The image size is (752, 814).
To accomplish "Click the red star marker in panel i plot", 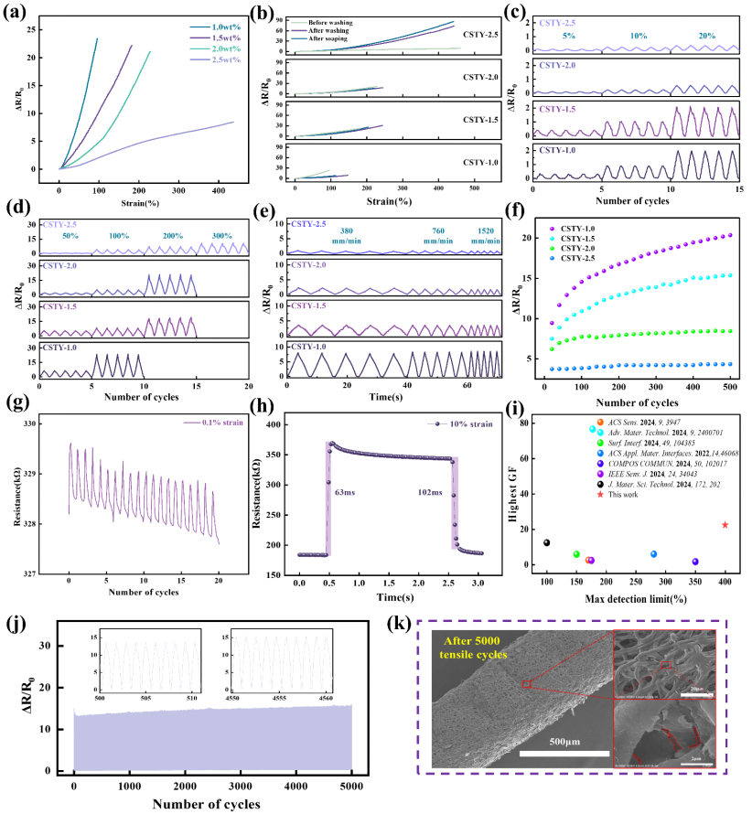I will click(725, 525).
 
